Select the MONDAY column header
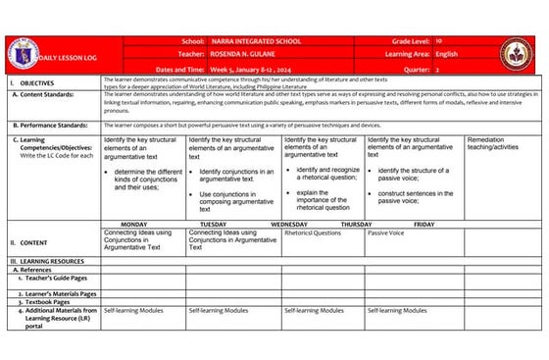pos(133,224)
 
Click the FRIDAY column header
pos(424,224)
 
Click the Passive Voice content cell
pos(385,233)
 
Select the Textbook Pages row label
pos(56,301)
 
